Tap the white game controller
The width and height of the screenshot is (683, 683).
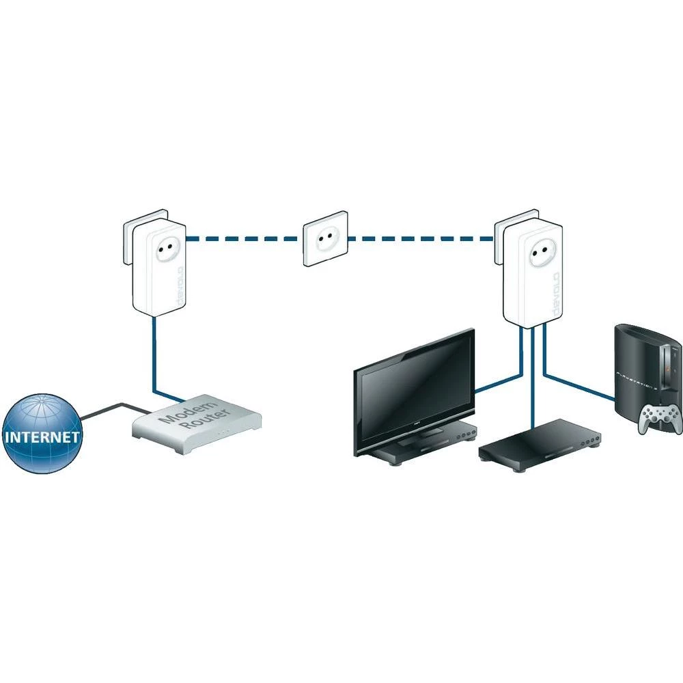[659, 417]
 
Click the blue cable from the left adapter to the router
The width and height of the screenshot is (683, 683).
[155, 362]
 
